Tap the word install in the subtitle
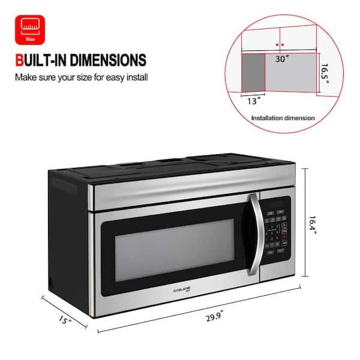point(137,77)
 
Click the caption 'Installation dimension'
point(282,118)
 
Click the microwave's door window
point(175,247)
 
